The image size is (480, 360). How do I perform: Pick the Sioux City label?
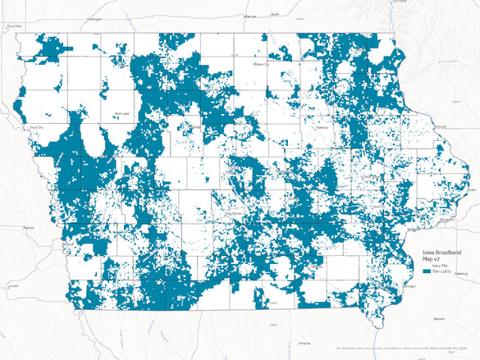click(x=34, y=128)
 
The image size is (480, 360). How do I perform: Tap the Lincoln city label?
click(x=11, y=285)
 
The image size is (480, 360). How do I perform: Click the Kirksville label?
click(x=305, y=344)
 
